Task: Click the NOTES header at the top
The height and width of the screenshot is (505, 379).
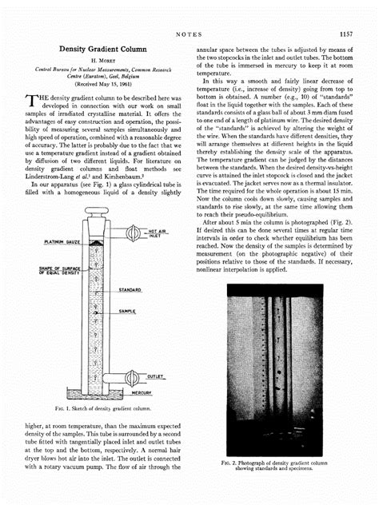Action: coord(189,34)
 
